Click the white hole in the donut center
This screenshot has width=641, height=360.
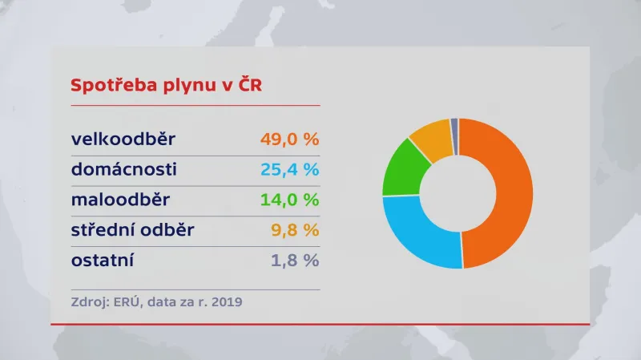pyautogui.click(x=458, y=193)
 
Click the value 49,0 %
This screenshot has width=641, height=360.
pyautogui.click(x=289, y=140)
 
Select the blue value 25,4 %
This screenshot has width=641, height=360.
pyautogui.click(x=289, y=169)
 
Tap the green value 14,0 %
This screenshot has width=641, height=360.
pyautogui.click(x=289, y=200)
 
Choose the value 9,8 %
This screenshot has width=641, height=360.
pyautogui.click(x=294, y=230)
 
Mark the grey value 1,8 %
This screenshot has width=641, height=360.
pyautogui.click(x=294, y=260)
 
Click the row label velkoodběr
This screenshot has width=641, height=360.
pyautogui.click(x=123, y=140)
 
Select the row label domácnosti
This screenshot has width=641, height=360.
pyautogui.click(x=123, y=169)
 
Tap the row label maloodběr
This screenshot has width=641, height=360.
pyautogui.click(x=120, y=200)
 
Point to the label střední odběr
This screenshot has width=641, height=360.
pyautogui.click(x=133, y=230)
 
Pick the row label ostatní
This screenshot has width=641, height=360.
pyautogui.click(x=103, y=260)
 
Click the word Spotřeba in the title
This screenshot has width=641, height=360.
pyautogui.click(x=107, y=86)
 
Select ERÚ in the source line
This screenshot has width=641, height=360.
pyautogui.click(x=122, y=302)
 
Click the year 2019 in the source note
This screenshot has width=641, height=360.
pyautogui.click(x=225, y=302)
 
